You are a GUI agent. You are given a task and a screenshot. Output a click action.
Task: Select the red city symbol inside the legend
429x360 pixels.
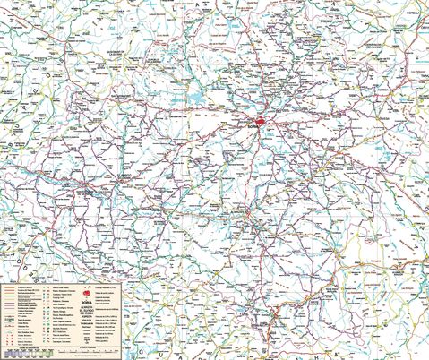pos(87,294)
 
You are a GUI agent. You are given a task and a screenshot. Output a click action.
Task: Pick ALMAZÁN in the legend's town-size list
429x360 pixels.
pos(87,308)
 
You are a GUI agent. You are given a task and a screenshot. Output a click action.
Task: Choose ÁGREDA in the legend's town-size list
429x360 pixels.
pos(87,314)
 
